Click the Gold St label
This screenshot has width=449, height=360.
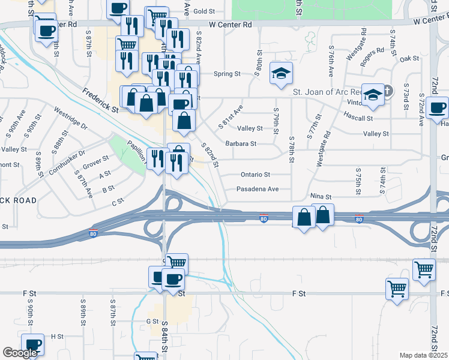click(x=204, y=11)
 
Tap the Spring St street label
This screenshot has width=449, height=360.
click(x=229, y=74)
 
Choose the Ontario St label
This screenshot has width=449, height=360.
click(x=256, y=175)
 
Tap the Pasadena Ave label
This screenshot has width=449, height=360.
click(x=257, y=188)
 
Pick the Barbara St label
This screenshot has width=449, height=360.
click(x=241, y=144)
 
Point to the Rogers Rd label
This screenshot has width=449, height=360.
click(x=372, y=53)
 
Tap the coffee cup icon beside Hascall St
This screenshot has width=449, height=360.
click(x=437, y=108)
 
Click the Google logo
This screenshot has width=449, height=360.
click(x=20, y=353)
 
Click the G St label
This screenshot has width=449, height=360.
click(x=152, y=322)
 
